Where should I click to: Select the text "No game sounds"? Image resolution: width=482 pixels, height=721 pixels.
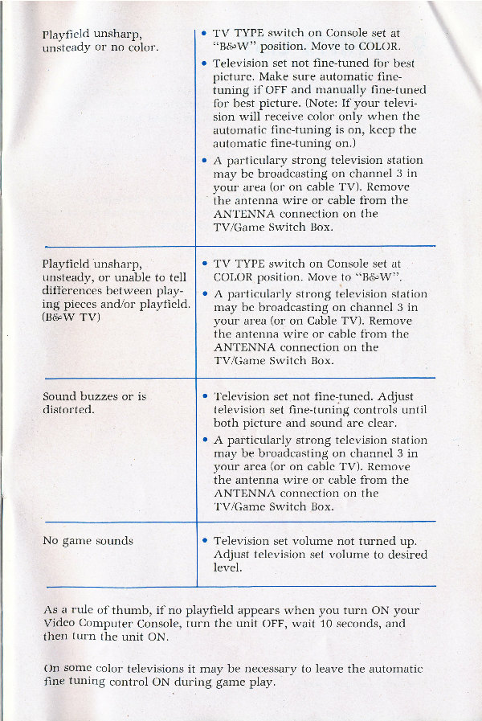click(88, 540)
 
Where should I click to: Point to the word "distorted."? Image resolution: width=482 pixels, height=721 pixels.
click(69, 409)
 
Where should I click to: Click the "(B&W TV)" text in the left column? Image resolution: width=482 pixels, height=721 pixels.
click(68, 317)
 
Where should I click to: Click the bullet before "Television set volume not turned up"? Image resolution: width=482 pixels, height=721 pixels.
click(206, 540)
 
